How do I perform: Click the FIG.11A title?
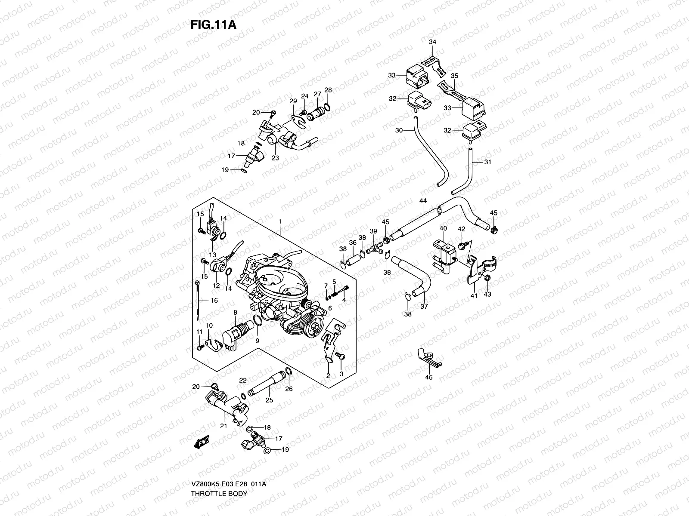coord(214,25)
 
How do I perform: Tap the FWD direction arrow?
coord(202,442)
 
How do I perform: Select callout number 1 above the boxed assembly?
coord(280,222)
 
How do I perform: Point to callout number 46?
coord(429,377)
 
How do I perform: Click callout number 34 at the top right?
coord(432,42)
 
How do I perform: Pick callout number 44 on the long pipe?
coord(423,201)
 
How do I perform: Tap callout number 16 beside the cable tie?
coord(214,300)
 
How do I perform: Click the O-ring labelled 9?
coord(257,321)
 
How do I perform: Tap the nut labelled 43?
coord(487,280)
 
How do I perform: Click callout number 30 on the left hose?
coord(399,130)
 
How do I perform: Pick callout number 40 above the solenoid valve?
coord(443,229)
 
